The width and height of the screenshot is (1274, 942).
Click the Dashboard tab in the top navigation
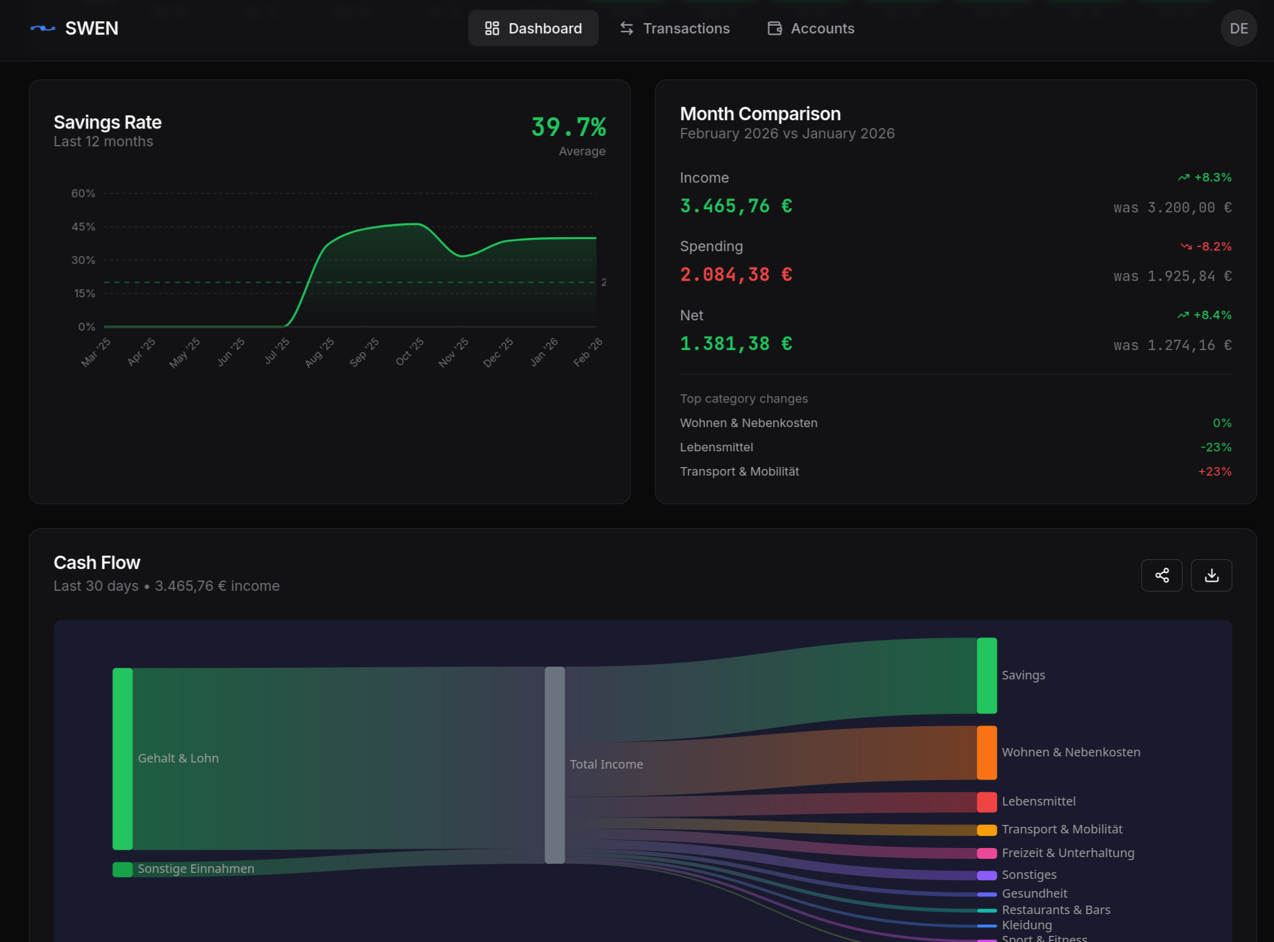click(x=533, y=29)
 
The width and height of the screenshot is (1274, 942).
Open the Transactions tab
click(x=674, y=29)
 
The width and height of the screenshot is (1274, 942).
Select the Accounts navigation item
click(x=811, y=29)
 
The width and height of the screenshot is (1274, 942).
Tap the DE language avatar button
click(x=1238, y=29)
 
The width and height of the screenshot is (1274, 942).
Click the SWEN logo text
click(x=92, y=29)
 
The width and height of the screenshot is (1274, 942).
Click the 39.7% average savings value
click(x=568, y=127)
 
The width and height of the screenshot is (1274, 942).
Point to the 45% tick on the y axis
click(x=83, y=227)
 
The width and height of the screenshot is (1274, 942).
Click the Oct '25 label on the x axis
click(x=409, y=352)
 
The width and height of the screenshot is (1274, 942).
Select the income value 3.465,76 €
click(x=736, y=206)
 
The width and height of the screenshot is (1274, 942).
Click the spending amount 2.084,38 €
click(x=736, y=275)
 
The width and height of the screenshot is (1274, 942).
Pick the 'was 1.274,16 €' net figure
click(x=1172, y=345)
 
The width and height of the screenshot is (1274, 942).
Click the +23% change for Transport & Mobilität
click(x=1215, y=471)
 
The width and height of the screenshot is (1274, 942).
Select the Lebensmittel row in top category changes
click(x=716, y=447)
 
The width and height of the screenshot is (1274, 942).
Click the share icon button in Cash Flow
click(x=1161, y=575)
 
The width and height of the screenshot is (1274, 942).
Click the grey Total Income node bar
click(x=554, y=764)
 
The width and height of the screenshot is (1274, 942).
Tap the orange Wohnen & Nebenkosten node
click(x=987, y=752)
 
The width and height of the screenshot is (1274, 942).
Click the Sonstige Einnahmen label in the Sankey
click(x=196, y=869)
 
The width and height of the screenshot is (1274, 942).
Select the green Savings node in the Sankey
click(x=987, y=675)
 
